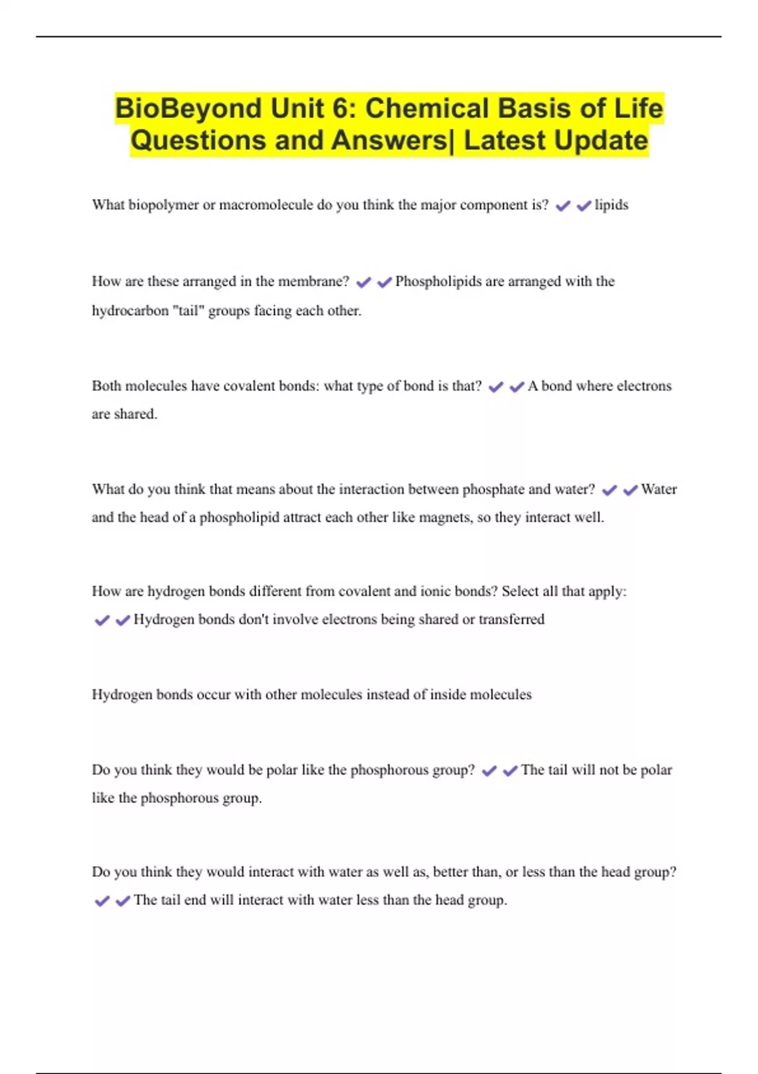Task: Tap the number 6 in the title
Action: click(340, 109)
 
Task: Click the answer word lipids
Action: click(611, 205)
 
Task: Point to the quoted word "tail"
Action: click(188, 311)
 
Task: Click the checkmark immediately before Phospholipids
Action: click(384, 282)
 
